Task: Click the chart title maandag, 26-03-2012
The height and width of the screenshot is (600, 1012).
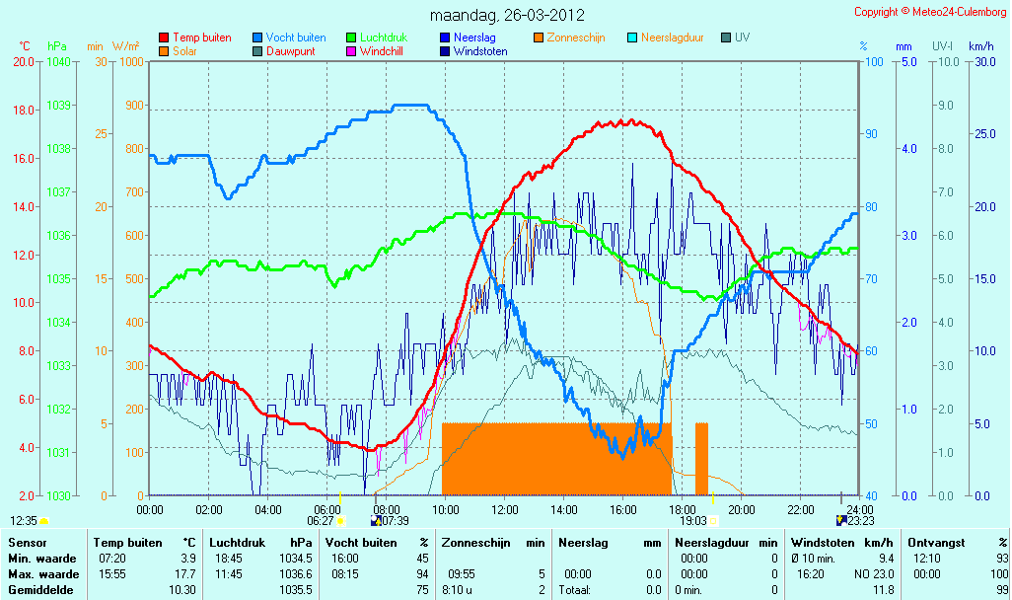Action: click(x=507, y=15)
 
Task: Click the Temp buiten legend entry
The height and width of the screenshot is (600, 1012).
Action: click(x=195, y=37)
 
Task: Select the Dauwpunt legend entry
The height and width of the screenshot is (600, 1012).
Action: click(x=284, y=51)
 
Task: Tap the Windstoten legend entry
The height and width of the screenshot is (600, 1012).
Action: click(x=473, y=51)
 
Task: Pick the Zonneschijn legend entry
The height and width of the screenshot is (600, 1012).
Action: click(x=569, y=37)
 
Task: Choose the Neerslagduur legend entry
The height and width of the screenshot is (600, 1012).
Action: click(x=666, y=37)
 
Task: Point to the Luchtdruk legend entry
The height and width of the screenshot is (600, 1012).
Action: click(x=377, y=37)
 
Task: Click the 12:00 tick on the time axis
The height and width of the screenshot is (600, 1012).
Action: click(x=505, y=509)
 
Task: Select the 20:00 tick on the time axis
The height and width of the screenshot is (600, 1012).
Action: click(x=741, y=509)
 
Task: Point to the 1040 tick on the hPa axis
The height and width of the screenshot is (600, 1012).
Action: click(x=59, y=62)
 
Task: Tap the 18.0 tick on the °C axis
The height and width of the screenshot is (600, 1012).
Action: click(x=24, y=111)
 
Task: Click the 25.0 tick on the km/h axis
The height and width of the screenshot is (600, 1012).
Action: click(x=985, y=134)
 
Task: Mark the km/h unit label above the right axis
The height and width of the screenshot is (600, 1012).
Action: click(x=981, y=46)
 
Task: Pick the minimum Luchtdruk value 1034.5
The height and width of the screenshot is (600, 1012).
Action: click(x=296, y=559)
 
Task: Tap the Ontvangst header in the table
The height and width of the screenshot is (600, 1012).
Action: click(x=936, y=543)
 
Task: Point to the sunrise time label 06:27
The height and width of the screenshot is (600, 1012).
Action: click(x=321, y=521)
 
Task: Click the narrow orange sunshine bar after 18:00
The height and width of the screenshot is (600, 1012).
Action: click(x=701, y=459)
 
